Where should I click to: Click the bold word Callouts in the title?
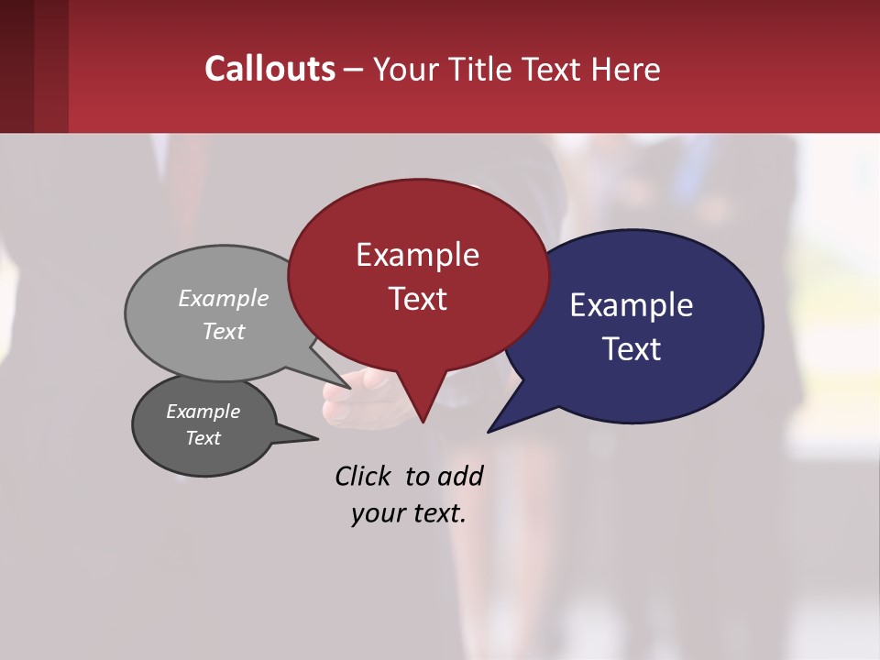click(x=269, y=69)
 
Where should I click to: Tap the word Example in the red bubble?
click(x=417, y=255)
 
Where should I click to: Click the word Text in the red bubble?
click(x=417, y=299)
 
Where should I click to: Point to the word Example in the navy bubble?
click(x=632, y=305)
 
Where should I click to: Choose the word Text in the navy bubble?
click(x=632, y=349)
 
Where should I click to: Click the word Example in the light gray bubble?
click(x=224, y=298)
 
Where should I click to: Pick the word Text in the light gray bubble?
click(x=224, y=331)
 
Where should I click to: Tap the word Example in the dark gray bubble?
click(x=203, y=412)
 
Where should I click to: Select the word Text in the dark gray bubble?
click(x=203, y=438)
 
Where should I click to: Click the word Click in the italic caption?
click(x=362, y=476)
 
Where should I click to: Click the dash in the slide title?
click(x=354, y=70)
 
